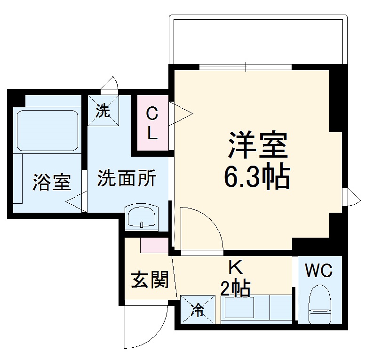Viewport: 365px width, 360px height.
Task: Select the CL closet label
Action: (x=151, y=123)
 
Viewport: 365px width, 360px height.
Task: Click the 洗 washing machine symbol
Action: (x=103, y=111)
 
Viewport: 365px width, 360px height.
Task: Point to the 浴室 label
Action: (x=52, y=182)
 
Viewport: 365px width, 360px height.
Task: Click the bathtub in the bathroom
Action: (x=47, y=130)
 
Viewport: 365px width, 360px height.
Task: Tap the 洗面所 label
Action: (x=127, y=179)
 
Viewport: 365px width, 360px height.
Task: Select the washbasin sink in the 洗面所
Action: (x=141, y=218)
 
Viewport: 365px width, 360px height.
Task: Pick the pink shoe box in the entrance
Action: (x=154, y=245)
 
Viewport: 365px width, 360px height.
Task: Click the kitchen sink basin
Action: (x=238, y=309)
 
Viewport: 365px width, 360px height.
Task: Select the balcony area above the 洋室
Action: (x=259, y=40)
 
